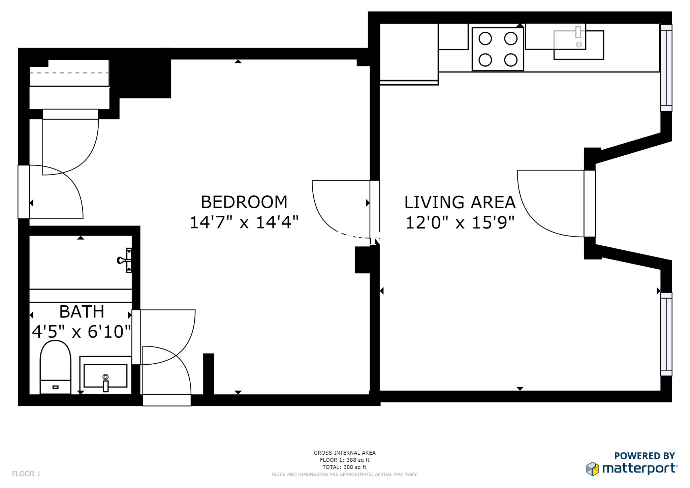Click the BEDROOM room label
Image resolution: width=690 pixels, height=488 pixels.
pos(244,202)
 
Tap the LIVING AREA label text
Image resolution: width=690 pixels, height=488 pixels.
pos(460,202)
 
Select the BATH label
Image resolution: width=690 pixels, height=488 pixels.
pos(82,312)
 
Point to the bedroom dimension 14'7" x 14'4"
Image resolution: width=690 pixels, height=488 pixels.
pos(244,222)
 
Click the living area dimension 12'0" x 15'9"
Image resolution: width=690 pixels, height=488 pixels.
pos(460,222)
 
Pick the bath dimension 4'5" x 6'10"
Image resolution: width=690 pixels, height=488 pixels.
pos(82,332)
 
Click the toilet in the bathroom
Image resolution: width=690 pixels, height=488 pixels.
pos(56,367)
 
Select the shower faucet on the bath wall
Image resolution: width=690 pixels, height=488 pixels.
pos(125,260)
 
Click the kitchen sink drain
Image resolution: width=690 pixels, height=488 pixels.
pos(578,44)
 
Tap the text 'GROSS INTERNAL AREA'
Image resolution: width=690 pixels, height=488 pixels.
pos(344,453)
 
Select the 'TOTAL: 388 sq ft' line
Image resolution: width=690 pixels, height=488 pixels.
pos(344,467)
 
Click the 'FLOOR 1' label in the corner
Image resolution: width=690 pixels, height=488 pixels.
pos(26,474)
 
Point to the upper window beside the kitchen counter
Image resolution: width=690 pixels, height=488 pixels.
pos(666,68)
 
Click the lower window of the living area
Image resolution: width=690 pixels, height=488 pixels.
pos(666,334)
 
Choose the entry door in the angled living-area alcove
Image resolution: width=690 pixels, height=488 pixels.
pos(590,204)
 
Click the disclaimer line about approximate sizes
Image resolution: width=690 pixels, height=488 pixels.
pos(345,475)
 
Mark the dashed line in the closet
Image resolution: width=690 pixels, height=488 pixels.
pos(69,72)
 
